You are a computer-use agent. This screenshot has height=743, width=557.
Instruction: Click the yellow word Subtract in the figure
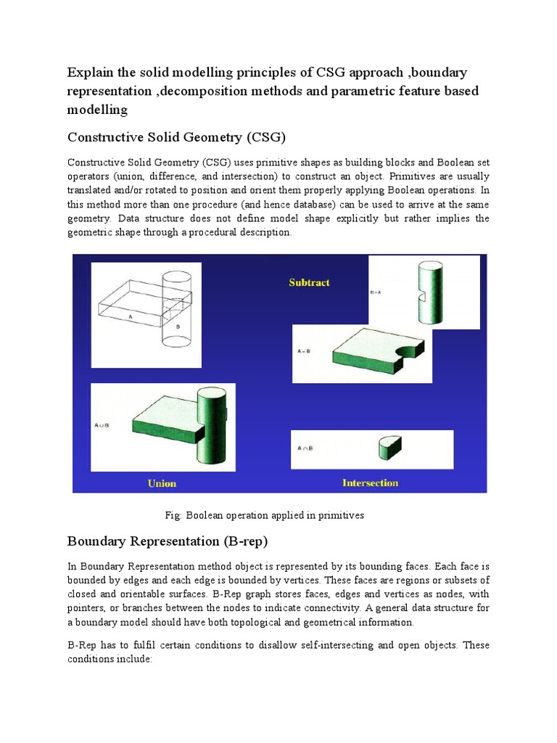(x=309, y=282)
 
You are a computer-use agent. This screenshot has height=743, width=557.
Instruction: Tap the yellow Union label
(x=162, y=483)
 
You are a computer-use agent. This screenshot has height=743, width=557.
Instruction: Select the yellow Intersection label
(x=370, y=483)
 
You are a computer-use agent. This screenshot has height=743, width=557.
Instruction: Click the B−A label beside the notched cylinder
(x=377, y=293)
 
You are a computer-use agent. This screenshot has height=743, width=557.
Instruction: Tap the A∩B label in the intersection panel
(x=305, y=448)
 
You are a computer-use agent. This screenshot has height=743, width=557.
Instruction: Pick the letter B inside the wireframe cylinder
(x=176, y=327)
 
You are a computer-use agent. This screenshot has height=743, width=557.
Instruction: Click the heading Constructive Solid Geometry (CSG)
(x=177, y=137)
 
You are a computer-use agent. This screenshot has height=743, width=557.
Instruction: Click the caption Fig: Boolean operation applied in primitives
(x=264, y=515)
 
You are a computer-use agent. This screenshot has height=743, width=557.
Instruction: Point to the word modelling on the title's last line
(x=97, y=110)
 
